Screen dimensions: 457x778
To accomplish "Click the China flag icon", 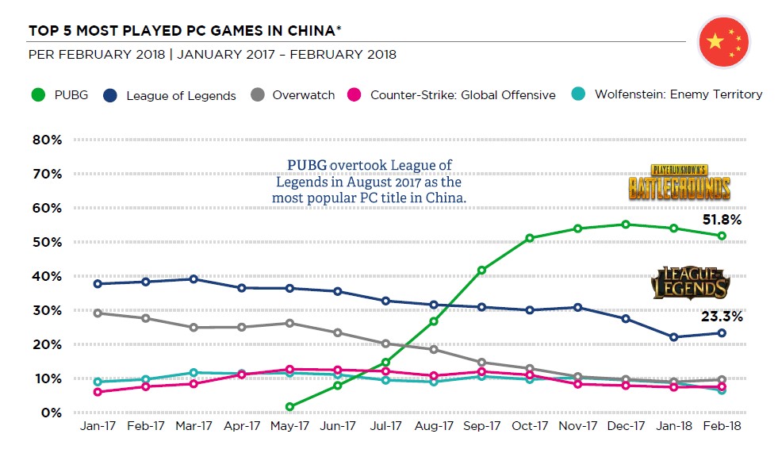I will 723,41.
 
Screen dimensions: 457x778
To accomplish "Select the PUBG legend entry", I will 60,95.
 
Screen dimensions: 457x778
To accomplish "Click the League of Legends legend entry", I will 171,95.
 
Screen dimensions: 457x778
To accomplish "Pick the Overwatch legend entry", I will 293,95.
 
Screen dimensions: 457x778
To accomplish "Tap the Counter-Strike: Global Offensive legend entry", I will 453,95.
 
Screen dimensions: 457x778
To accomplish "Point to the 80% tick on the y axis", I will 47,140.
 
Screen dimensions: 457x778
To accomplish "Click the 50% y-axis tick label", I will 47,243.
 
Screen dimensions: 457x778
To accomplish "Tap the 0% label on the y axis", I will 50,413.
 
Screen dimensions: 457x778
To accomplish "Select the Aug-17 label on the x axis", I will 433,427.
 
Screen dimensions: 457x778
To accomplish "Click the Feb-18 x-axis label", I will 721,427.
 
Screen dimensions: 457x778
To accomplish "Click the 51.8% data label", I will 722,220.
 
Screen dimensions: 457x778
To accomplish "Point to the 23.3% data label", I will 722,317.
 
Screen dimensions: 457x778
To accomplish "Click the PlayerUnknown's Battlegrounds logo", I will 679,183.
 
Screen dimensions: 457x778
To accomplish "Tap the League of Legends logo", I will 690,282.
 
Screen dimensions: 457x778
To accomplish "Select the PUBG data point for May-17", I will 289,407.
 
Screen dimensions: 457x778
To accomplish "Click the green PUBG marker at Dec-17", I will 626,225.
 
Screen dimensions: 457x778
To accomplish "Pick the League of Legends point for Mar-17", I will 194,279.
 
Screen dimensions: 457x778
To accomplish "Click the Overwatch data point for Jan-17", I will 98,313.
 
